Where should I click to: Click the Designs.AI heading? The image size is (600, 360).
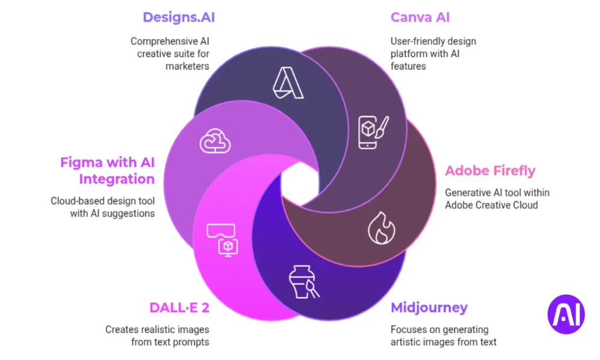tap(178, 17)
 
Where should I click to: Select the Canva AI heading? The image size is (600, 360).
tap(420, 17)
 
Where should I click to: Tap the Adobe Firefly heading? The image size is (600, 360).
tap(490, 171)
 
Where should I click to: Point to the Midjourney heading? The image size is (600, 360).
tap(428, 308)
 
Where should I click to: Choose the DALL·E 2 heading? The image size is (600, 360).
tap(179, 308)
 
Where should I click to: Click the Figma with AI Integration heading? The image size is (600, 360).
tap(107, 170)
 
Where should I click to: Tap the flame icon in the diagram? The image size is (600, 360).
tap(381, 228)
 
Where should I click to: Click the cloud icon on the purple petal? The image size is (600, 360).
tap(215, 141)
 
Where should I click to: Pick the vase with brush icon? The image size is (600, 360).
tap(304, 281)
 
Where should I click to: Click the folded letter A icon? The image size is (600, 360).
tap(288, 83)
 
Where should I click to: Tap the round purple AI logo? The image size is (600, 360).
tap(566, 314)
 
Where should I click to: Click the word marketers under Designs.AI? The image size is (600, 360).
tap(187, 66)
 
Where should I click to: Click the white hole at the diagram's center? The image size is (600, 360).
tap(300, 178)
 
